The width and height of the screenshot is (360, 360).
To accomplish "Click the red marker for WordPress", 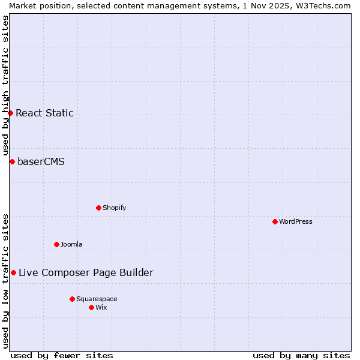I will point(275,221).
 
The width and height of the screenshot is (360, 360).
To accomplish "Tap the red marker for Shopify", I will point(98,208).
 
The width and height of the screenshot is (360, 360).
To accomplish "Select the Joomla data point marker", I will point(56,244).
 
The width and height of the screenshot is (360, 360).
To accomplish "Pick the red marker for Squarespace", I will point(72,299).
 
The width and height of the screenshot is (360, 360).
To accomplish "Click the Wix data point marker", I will point(91,307).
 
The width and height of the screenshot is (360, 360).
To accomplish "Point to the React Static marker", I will point(10,113).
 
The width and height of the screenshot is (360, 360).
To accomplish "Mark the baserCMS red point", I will point(12,161).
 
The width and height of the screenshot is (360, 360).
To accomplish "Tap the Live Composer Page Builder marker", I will point(13,272).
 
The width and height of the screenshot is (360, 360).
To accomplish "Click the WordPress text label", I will point(296,221).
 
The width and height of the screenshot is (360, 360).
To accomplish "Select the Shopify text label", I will point(114,208).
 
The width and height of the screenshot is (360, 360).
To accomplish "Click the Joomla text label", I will point(71,244).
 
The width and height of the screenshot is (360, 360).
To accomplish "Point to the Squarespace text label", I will point(97,299).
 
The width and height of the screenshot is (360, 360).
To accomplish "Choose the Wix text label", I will point(101,307).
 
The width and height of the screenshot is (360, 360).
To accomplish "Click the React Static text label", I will point(44,113).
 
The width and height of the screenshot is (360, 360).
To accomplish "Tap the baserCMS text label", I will point(41,161).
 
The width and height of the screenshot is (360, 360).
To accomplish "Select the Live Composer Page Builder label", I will point(86,272).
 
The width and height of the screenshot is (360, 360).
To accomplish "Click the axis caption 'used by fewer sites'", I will point(62,355).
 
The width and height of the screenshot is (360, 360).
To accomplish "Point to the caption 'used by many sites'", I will point(301,355).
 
